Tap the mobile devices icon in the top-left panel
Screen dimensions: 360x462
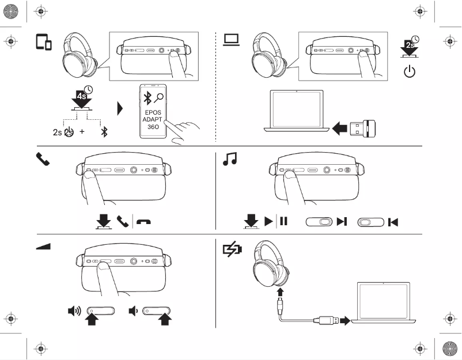(x=44, y=42)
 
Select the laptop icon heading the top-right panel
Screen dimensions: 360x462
(x=232, y=39)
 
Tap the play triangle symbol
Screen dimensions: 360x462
(x=268, y=221)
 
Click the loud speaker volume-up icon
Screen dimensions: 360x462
(x=74, y=312)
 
